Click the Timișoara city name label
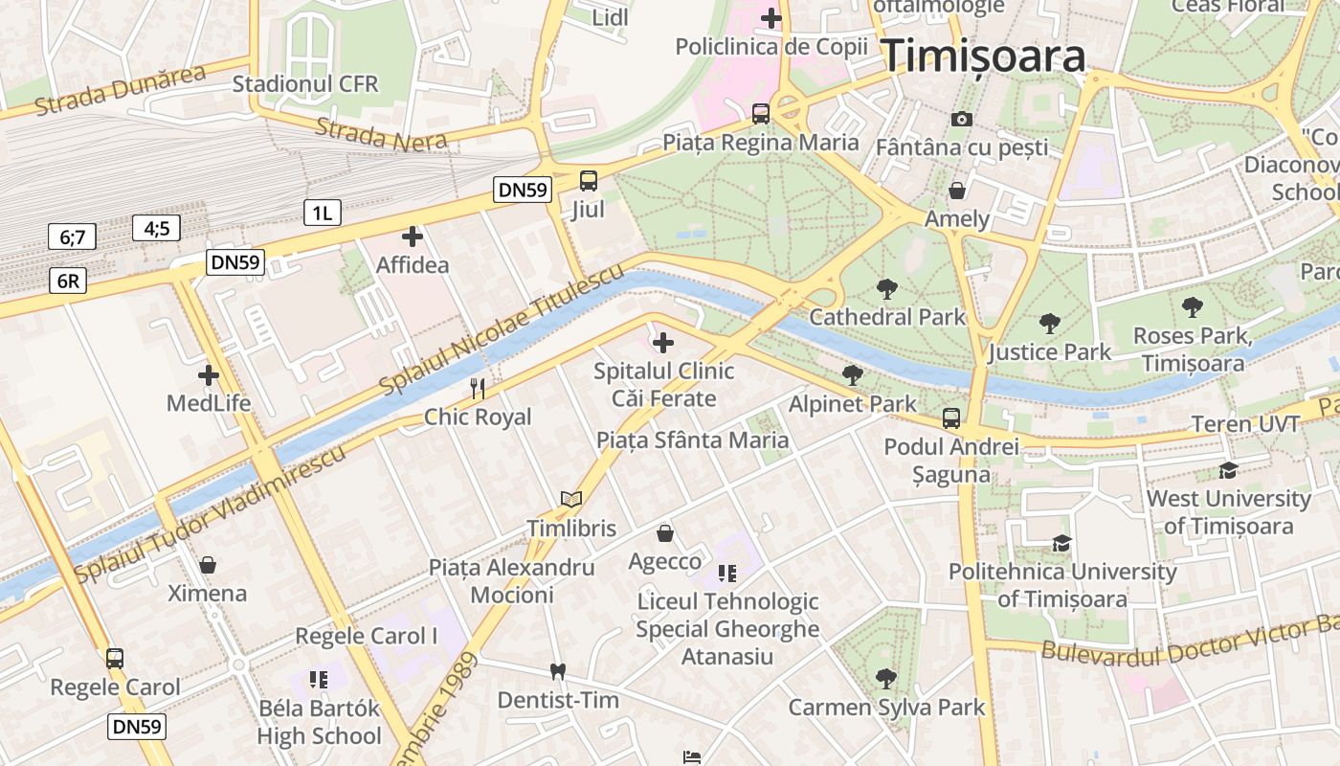pyautogui.click(x=983, y=56)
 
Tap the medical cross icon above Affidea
pyautogui.click(x=413, y=236)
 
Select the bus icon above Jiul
pyautogui.click(x=589, y=180)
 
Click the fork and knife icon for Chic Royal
pyautogui.click(x=478, y=388)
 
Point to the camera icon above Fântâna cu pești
pyautogui.click(x=962, y=119)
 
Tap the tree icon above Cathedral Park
pyautogui.click(x=887, y=287)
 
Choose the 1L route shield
pyautogui.click(x=322, y=213)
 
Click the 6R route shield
pyautogui.click(x=67, y=281)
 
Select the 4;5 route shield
pyautogui.click(x=157, y=228)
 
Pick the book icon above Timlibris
pyautogui.click(x=571, y=499)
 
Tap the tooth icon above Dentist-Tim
pyautogui.click(x=557, y=671)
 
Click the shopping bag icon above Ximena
pyautogui.click(x=208, y=565)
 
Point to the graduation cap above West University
pyautogui.click(x=1228, y=470)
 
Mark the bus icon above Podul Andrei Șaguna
pyautogui.click(x=950, y=417)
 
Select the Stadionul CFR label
pyautogui.click(x=305, y=83)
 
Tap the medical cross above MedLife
pyautogui.click(x=208, y=374)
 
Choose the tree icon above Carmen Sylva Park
pyautogui.click(x=886, y=679)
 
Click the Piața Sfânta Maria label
pyautogui.click(x=692, y=439)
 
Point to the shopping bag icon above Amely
pyautogui.click(x=957, y=190)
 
